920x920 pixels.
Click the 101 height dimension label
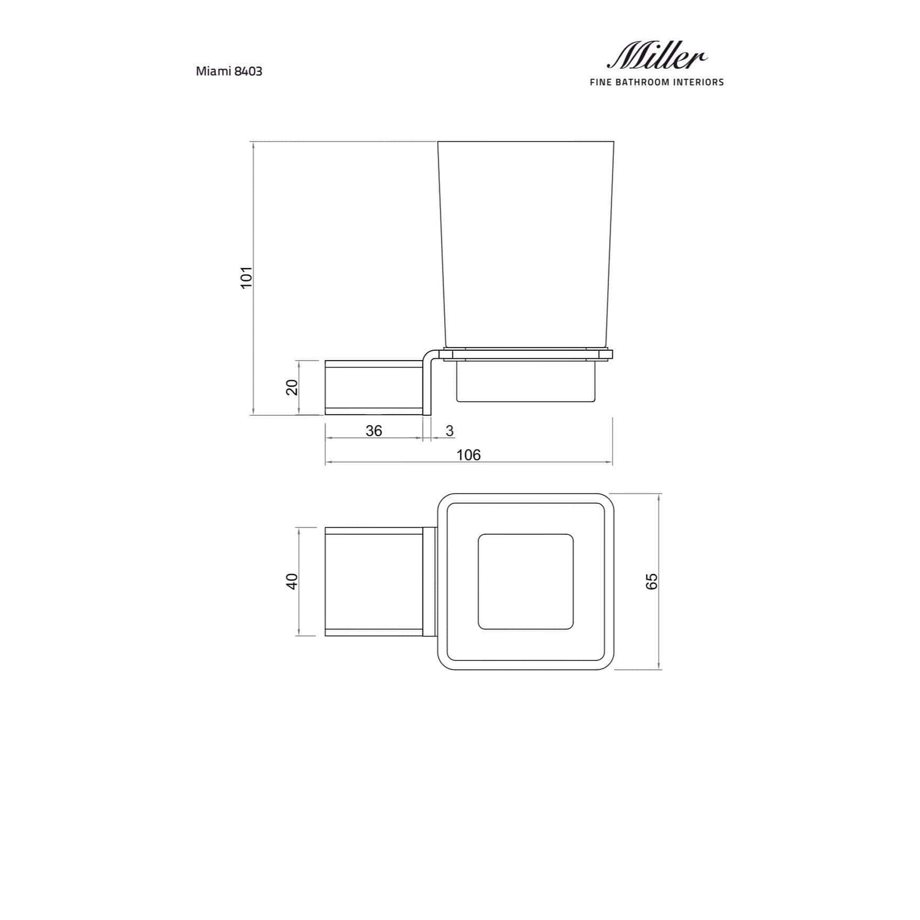coord(246,277)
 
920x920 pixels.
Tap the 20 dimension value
coord(292,387)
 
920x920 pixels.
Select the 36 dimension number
coord(374,431)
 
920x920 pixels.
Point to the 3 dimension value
coord(450,431)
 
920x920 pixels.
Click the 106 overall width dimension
coord(469,454)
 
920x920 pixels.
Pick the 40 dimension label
coord(292,581)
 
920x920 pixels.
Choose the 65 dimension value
coord(652,581)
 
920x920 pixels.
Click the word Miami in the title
coord(213,71)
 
